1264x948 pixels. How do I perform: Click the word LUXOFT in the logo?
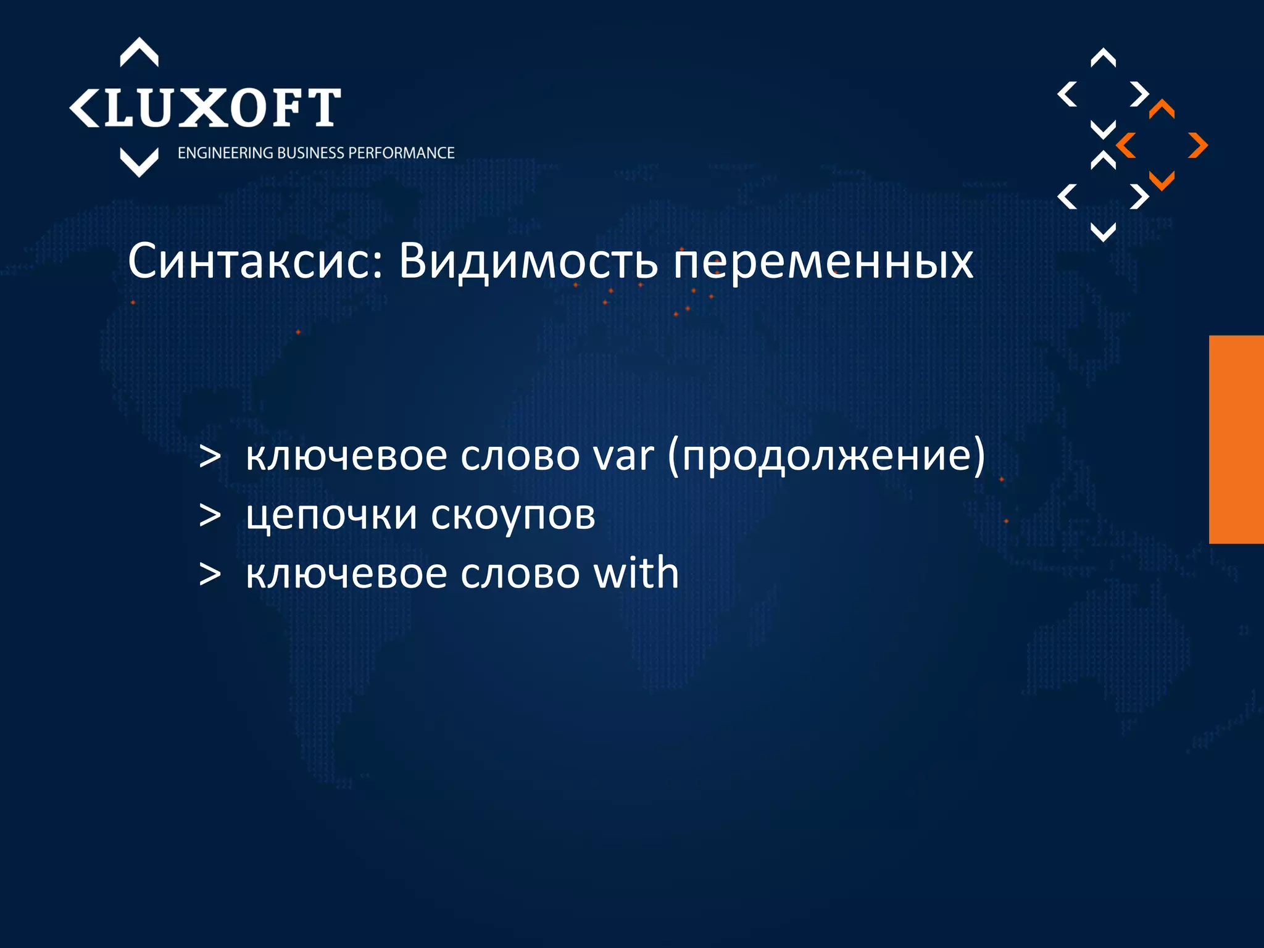(x=222, y=108)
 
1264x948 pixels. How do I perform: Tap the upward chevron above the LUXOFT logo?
(x=139, y=52)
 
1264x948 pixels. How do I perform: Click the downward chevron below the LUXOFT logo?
(x=139, y=162)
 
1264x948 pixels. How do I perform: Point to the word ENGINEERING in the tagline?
(x=225, y=153)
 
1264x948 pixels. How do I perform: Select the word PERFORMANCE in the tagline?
(x=401, y=153)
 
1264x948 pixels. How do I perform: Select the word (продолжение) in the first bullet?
(x=826, y=456)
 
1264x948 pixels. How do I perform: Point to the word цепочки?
(x=331, y=515)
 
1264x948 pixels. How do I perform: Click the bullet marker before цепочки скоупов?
(x=210, y=515)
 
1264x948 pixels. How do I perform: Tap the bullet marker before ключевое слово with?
(x=210, y=574)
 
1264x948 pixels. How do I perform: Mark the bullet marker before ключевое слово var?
(x=210, y=457)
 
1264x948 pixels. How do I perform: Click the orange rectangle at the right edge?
(x=1236, y=439)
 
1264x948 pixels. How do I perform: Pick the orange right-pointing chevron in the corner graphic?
(x=1198, y=146)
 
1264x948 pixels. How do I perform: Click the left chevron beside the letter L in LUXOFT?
(x=84, y=109)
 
